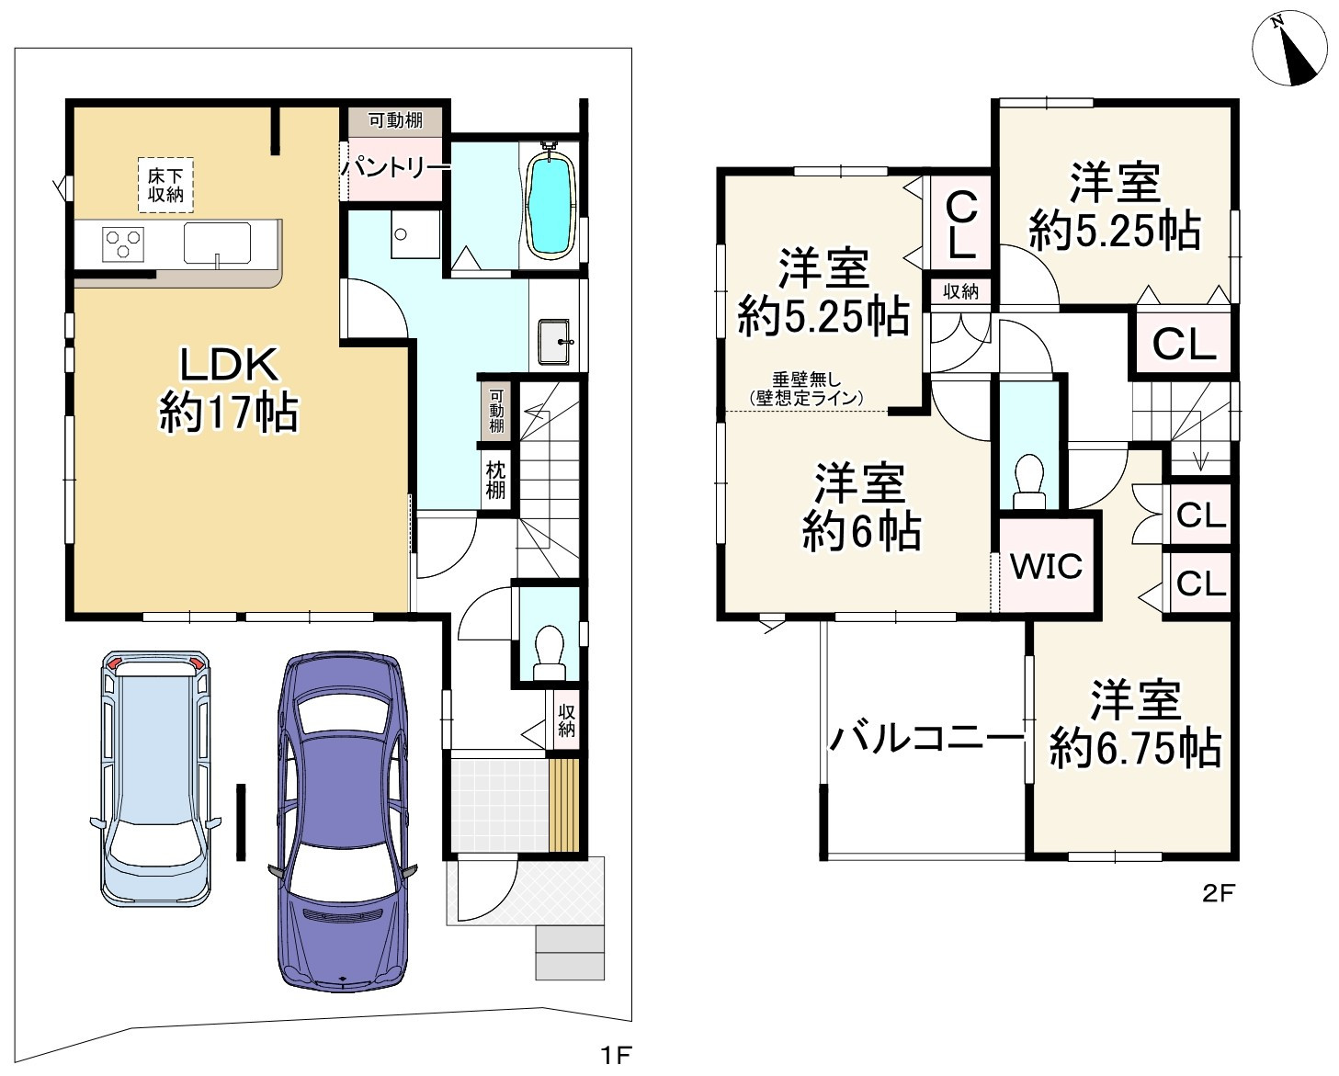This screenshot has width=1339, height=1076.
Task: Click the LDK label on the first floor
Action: coord(229,366)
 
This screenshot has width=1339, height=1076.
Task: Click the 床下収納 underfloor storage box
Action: coord(165,185)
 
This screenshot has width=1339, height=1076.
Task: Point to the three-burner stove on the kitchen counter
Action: coord(123,244)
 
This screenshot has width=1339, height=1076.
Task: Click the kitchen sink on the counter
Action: coord(217,244)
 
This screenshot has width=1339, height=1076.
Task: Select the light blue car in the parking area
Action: coord(155,777)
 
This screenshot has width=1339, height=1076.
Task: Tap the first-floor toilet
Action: coord(550,652)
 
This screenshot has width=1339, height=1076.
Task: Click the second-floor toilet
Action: coord(1028,481)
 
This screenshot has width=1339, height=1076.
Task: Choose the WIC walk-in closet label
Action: coord(1046,566)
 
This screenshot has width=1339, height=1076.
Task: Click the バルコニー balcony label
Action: coord(927,739)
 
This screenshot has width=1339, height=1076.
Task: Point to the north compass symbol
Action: coord(1290,48)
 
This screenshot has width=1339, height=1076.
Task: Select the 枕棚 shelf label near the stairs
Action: coord(495,480)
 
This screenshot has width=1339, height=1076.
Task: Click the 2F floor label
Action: coord(1218,893)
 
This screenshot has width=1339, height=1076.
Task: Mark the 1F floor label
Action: coord(616,1055)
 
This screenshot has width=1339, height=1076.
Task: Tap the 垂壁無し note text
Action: coord(806,379)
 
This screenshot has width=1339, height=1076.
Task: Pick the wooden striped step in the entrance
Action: coord(563,805)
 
